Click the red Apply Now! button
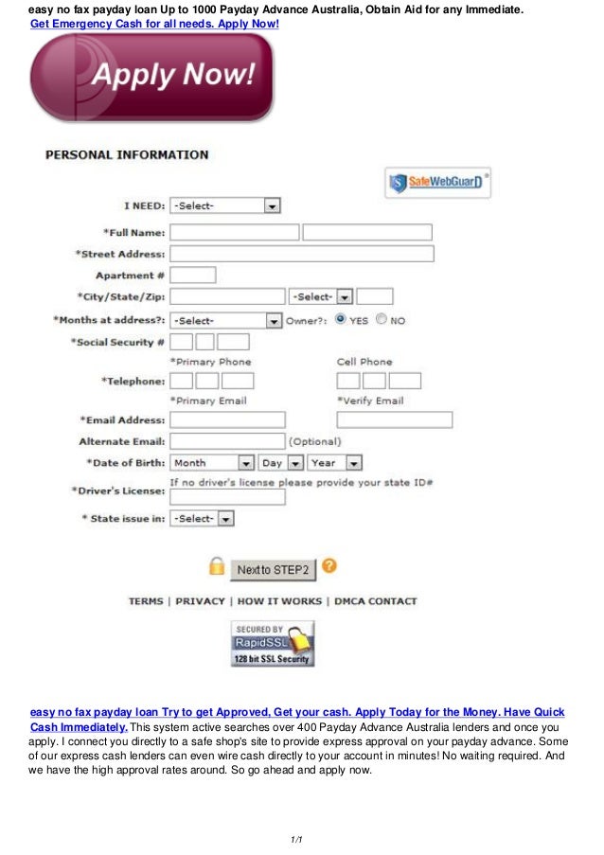tap(151, 77)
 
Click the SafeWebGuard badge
tap(438, 182)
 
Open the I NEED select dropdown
tap(225, 205)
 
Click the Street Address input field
tap(301, 254)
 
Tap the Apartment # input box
tap(192, 275)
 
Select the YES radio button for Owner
tap(341, 320)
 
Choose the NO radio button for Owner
tap(382, 320)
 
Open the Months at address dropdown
tap(225, 321)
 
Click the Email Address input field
tap(227, 419)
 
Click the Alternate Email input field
tap(227, 441)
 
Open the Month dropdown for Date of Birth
tap(212, 463)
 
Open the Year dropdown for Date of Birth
tap(334, 463)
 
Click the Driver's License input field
tap(227, 497)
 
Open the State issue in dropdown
tap(202, 519)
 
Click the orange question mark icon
tap(329, 566)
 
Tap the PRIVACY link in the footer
tap(201, 601)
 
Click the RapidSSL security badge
tap(273, 644)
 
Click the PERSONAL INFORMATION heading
tap(127, 154)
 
